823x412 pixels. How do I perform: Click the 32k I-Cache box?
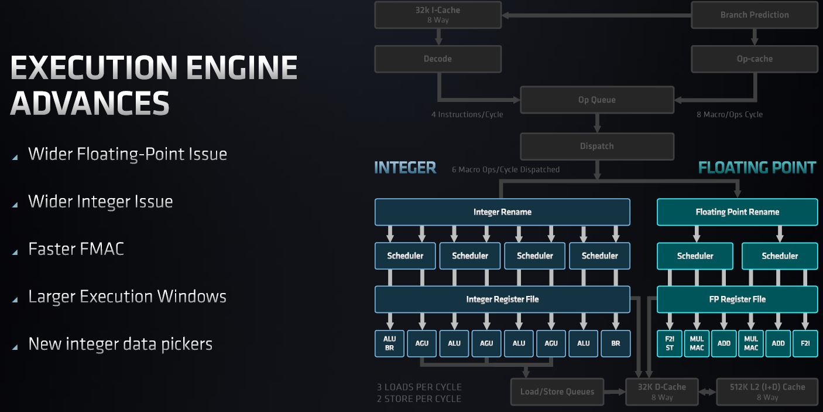pos(438,15)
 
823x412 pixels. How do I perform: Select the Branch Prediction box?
pos(754,15)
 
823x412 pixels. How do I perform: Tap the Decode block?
pos(438,59)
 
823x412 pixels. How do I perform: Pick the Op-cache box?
pos(754,59)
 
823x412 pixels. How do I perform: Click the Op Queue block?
pos(596,100)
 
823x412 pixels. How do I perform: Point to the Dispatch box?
pos(596,146)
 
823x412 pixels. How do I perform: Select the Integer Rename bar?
pos(502,212)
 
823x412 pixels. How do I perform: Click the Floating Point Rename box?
pos(737,212)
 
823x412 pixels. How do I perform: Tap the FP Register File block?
pos(737,299)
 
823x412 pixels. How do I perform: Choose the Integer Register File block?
pos(502,299)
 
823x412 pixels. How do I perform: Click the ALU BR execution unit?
pos(389,343)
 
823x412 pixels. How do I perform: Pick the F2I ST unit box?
pos(670,343)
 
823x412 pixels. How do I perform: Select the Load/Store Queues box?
pos(557,391)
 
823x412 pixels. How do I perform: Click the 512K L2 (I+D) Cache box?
pos(767,391)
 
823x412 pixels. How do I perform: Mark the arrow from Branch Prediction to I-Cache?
pos(596,15)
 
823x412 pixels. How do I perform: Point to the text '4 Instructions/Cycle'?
pos(467,114)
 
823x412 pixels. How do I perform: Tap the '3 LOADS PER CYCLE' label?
pos(419,387)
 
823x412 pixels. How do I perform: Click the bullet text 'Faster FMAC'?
pos(76,248)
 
